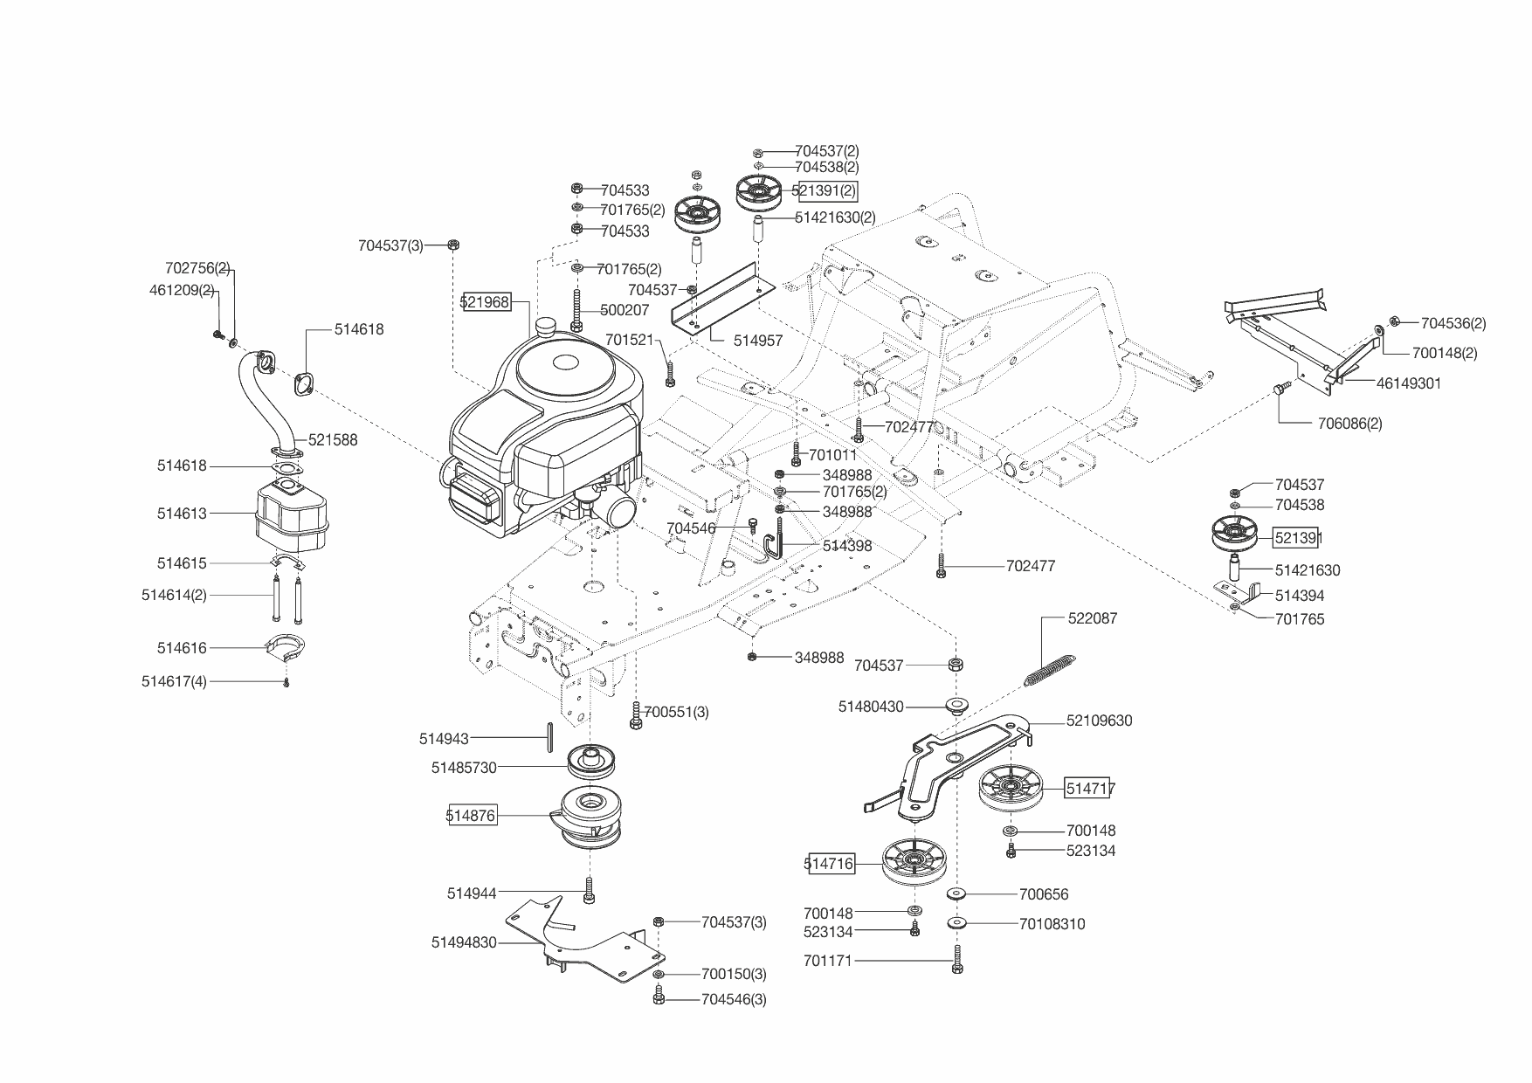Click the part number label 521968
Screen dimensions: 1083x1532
pyautogui.click(x=486, y=302)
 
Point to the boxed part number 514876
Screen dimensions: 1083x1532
pyautogui.click(x=472, y=816)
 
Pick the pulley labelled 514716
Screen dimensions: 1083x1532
pyautogui.click(x=914, y=863)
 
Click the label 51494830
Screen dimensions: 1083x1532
pyautogui.click(x=464, y=942)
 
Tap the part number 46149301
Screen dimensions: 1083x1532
pyautogui.click(x=1409, y=383)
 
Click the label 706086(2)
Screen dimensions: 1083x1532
pyautogui.click(x=1349, y=424)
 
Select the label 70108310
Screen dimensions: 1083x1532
pyautogui.click(x=1052, y=924)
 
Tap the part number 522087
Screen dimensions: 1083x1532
pyautogui.click(x=1093, y=618)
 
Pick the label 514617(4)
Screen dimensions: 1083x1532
pyautogui.click(x=174, y=681)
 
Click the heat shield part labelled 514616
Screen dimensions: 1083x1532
pyautogui.click(x=286, y=647)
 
